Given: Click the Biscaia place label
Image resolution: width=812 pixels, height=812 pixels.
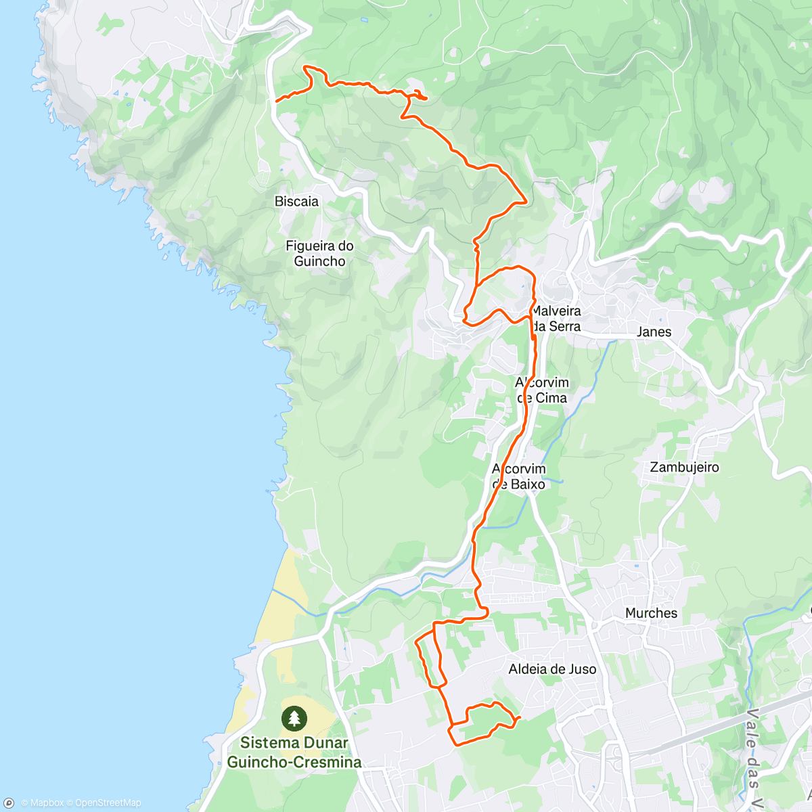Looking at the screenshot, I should pyautogui.click(x=296, y=202).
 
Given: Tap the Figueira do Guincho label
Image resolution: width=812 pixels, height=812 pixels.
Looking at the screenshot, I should pyautogui.click(x=319, y=254).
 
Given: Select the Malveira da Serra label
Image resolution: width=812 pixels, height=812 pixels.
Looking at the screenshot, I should pyautogui.click(x=556, y=319).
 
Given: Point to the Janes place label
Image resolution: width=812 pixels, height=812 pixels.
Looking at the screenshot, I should pyautogui.click(x=654, y=332).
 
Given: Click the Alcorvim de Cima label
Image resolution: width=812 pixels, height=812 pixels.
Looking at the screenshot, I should pyautogui.click(x=543, y=390).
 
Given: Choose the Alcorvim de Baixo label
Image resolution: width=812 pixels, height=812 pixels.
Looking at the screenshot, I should pyautogui.click(x=519, y=476).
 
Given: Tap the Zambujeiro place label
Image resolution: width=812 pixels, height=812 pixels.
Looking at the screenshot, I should pyautogui.click(x=684, y=468).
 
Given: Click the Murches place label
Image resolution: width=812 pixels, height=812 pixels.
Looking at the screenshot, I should pyautogui.click(x=651, y=613).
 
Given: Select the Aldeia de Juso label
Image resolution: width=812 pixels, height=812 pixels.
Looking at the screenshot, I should pyautogui.click(x=552, y=669).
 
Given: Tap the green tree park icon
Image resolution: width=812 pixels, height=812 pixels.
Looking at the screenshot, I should pyautogui.click(x=294, y=718).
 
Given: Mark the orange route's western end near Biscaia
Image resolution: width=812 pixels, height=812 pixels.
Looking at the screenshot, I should pyautogui.click(x=276, y=101).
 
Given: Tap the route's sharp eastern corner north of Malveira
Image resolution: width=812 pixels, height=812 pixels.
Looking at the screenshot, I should pyautogui.click(x=526, y=201).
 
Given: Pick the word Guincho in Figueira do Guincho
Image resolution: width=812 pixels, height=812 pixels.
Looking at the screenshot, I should pyautogui.click(x=319, y=262).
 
